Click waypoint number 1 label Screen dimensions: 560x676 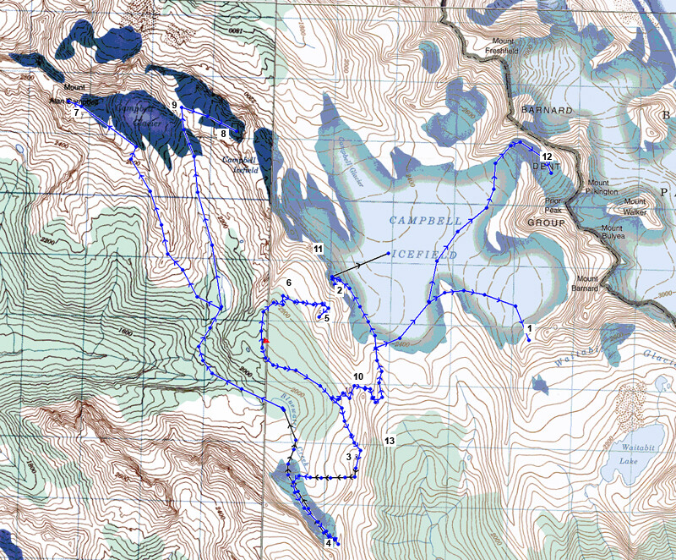(529, 327)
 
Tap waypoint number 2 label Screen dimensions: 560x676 (339, 290)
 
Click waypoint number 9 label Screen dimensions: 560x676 (174, 105)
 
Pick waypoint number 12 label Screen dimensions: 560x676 (547, 156)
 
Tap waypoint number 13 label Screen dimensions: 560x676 (390, 441)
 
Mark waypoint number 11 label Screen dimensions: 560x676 (318, 249)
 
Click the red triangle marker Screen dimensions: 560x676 (264, 341)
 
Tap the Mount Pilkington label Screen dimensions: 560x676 (604, 188)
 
